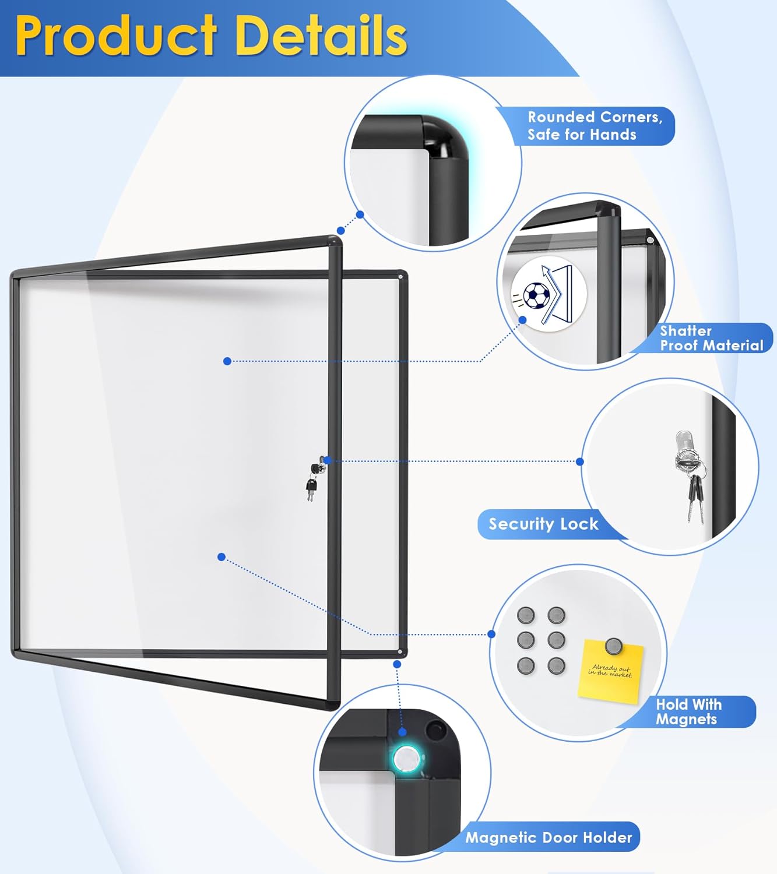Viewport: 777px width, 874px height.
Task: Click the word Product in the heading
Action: tap(117, 36)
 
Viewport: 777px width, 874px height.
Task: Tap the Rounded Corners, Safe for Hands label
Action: tap(595, 126)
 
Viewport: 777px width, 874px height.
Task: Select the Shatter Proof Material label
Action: tap(711, 338)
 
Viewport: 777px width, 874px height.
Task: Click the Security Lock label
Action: tap(543, 524)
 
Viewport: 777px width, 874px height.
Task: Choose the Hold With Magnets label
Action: tap(688, 711)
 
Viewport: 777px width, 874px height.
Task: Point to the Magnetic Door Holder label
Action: tap(549, 837)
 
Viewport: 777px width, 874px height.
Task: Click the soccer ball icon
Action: tap(535, 295)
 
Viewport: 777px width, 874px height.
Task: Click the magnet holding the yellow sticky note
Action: tap(613, 646)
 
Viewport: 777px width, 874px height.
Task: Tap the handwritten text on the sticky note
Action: tap(610, 671)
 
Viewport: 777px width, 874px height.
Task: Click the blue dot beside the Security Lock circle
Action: tap(579, 461)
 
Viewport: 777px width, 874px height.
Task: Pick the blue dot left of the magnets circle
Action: tap(491, 634)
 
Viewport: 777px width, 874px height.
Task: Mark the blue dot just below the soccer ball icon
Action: tap(523, 320)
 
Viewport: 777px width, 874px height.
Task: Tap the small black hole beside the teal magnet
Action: tap(434, 729)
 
